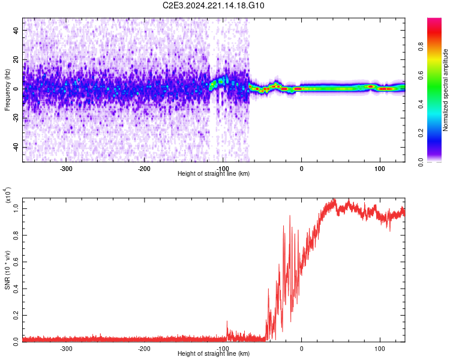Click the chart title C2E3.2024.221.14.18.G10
point(214,5)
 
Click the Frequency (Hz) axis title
point(7,90)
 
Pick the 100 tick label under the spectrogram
point(379,168)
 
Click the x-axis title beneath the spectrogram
point(214,174)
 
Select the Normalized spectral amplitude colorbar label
point(445,90)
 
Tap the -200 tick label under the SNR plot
point(144,348)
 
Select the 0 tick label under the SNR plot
point(301,348)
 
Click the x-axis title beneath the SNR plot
point(214,354)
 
